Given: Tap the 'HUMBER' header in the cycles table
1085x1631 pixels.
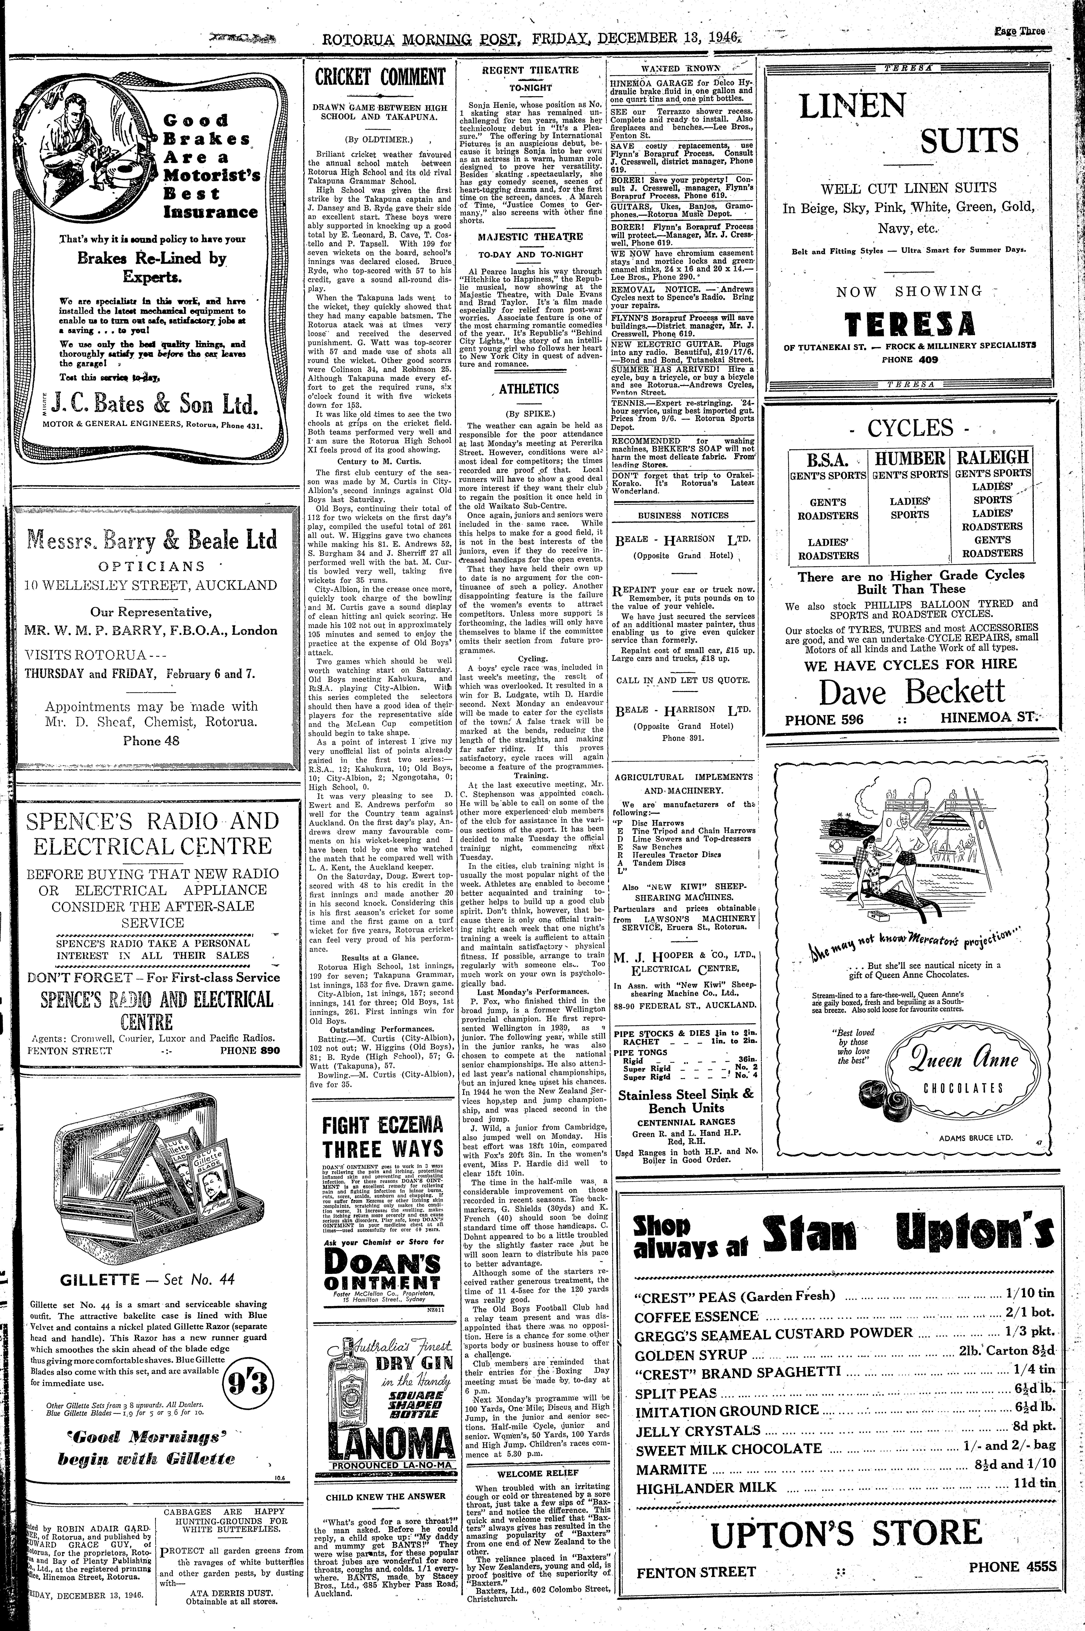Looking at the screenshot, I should click(x=910, y=458).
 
